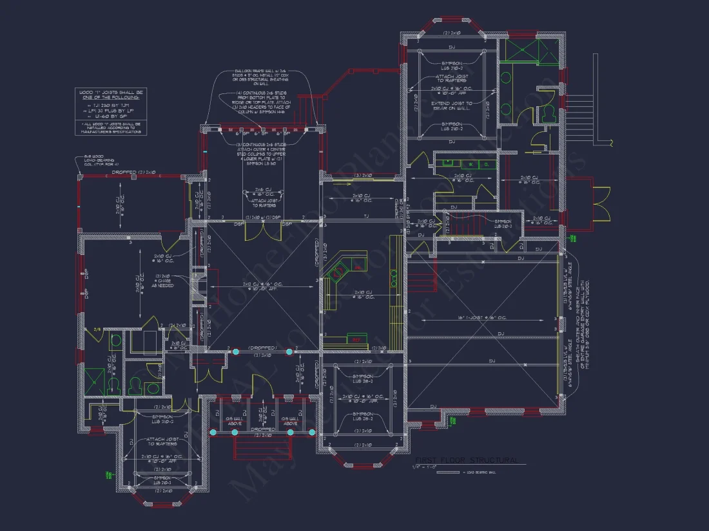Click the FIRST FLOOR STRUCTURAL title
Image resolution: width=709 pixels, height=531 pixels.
coord(469,460)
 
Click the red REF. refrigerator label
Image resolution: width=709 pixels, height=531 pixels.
coord(354,339)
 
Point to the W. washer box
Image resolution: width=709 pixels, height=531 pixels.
coord(471,164)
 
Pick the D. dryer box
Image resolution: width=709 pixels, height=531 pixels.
coord(487,164)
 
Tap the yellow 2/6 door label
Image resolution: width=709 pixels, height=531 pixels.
coord(97,329)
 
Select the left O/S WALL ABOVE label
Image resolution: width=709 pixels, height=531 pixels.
coord(233,420)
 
